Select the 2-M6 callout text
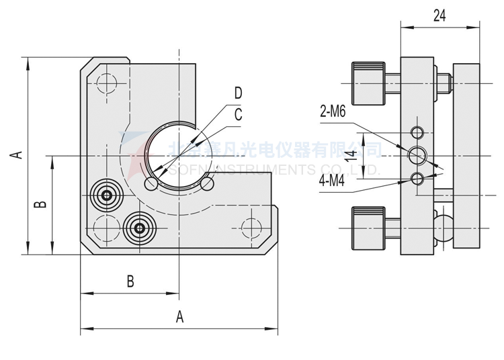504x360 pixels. click(333, 113)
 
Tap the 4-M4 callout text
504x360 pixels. click(333, 181)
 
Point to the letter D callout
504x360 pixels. click(238, 93)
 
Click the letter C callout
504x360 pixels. click(238, 115)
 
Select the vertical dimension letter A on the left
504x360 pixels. click(17, 155)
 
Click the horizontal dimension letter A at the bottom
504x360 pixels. click(179, 317)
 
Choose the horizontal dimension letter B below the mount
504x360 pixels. click(130, 281)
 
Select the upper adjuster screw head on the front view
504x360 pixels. click(106, 195)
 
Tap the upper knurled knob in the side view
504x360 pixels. click(368, 83)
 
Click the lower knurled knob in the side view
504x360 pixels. click(368, 229)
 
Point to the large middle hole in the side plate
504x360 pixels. click(418, 155)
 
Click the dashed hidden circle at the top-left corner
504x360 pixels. click(106, 83)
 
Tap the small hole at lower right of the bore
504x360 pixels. click(207, 183)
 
